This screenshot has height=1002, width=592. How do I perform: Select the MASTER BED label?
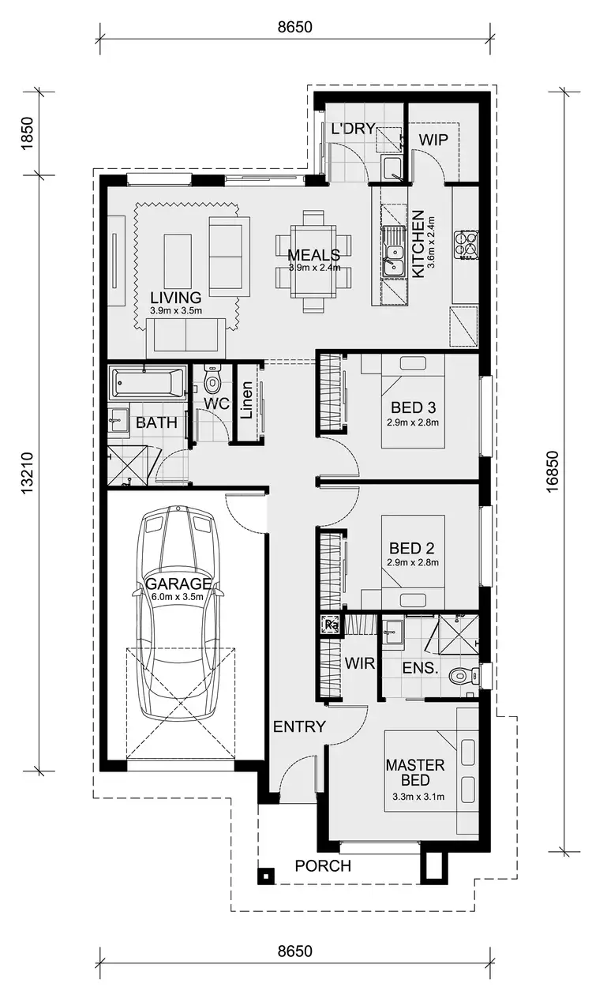(415, 773)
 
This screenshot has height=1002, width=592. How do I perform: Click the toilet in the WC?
(212, 382)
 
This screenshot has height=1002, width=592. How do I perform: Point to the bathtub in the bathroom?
(148, 385)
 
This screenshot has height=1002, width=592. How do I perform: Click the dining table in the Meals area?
(313, 261)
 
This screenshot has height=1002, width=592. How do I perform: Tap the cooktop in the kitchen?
(466, 245)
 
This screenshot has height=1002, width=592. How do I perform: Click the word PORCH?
(323, 866)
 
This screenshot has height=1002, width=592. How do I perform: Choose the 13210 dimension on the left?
(28, 473)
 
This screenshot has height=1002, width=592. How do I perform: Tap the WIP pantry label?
(433, 140)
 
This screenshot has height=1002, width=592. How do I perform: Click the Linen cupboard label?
(246, 401)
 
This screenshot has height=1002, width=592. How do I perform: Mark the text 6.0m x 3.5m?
(178, 597)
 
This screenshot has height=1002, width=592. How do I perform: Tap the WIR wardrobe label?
(359, 663)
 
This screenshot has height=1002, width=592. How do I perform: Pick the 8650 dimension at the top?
(295, 26)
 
